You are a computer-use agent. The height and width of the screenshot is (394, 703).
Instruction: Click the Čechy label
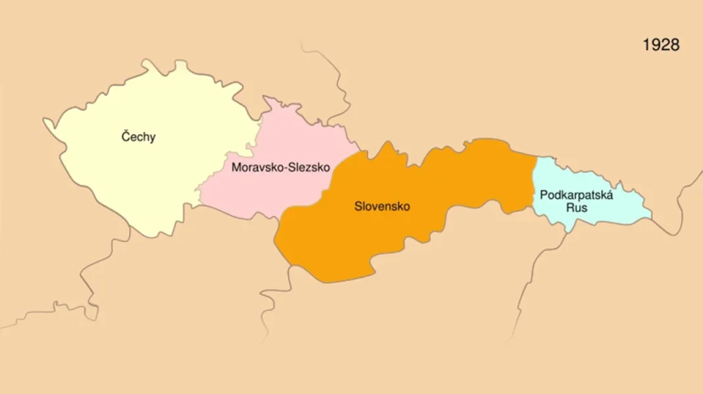(139, 137)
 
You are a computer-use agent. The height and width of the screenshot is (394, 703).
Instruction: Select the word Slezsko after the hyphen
(307, 168)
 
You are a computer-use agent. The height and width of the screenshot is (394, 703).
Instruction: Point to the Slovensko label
(382, 207)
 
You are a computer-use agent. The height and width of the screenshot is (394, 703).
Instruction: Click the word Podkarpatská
(576, 195)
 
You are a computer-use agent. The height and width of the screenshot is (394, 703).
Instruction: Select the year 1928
(661, 45)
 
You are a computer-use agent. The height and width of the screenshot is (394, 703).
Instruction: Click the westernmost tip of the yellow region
(45, 120)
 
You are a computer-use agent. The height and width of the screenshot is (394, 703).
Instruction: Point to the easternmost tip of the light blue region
(651, 214)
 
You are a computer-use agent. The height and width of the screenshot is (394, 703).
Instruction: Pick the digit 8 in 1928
(674, 45)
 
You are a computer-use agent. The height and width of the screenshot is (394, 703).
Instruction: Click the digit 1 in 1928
(646, 45)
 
